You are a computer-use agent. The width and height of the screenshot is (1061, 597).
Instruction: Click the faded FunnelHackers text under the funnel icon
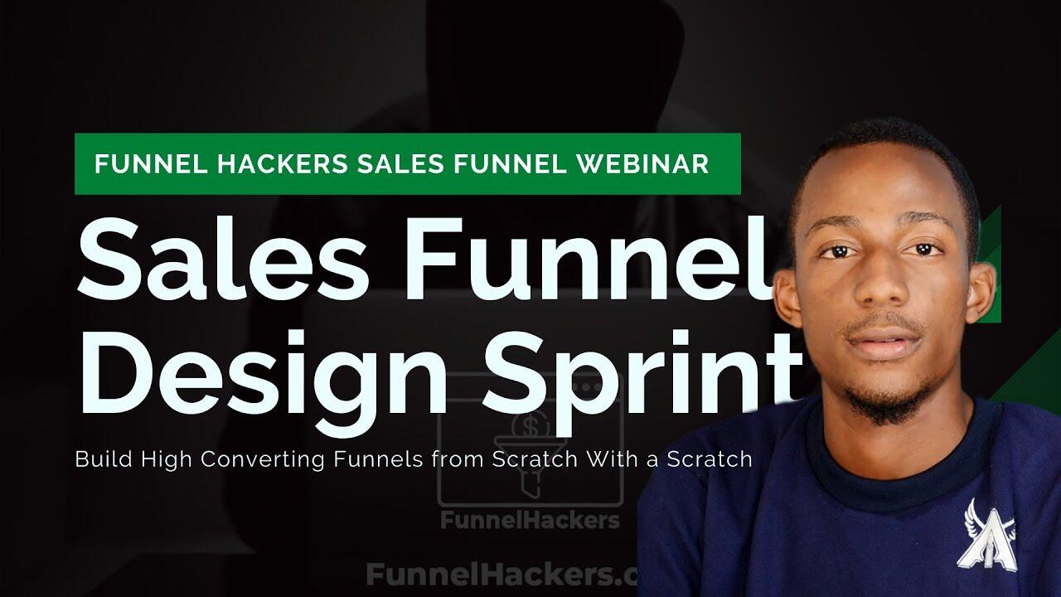tap(530, 521)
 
